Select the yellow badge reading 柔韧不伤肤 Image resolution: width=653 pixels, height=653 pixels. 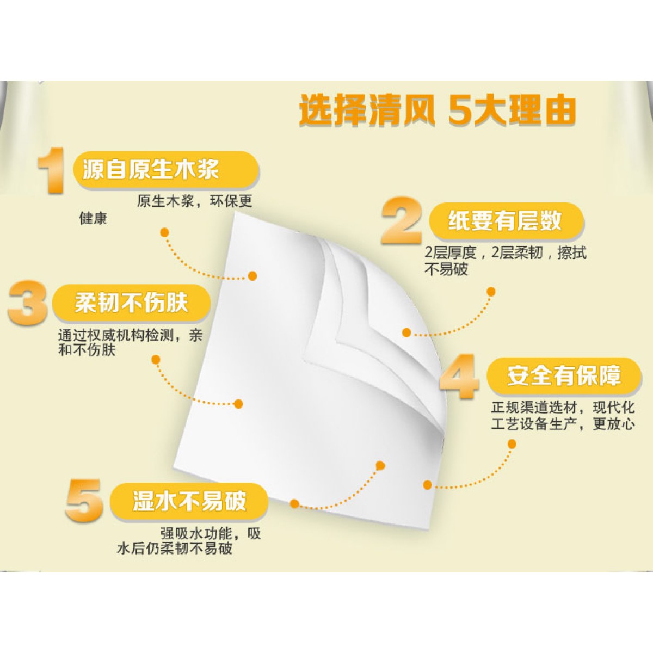[x=132, y=303]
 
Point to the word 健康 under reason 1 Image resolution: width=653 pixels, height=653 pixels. [x=93, y=219]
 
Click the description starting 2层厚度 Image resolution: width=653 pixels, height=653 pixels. [x=505, y=261]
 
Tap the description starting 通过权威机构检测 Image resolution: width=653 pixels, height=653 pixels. [x=131, y=343]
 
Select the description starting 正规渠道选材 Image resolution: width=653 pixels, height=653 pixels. [x=563, y=416]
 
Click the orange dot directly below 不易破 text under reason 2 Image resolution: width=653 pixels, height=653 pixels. [x=491, y=292]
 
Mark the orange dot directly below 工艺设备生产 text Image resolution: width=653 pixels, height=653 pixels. [x=512, y=444]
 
